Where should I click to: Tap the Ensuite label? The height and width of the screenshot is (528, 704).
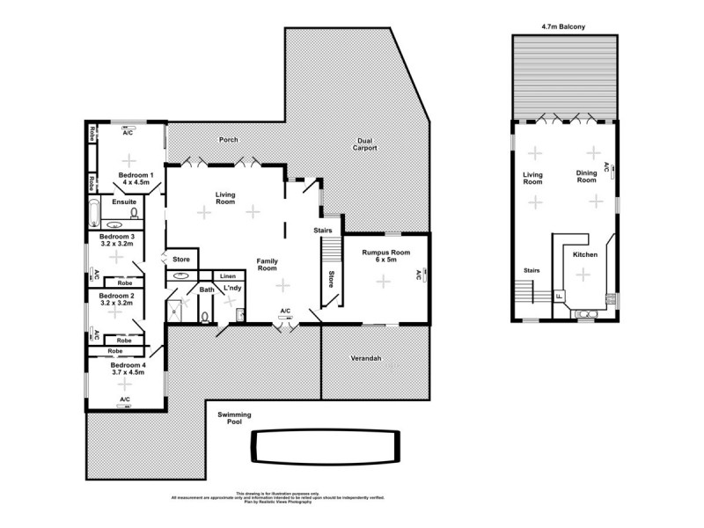tap(124, 202)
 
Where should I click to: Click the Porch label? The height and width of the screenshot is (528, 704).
tap(228, 140)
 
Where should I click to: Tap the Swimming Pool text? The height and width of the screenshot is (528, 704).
tap(235, 418)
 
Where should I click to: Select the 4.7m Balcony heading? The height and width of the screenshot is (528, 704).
tap(564, 27)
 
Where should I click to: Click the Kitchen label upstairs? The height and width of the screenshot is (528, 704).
tap(585, 254)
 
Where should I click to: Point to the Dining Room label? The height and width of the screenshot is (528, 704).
tap(586, 178)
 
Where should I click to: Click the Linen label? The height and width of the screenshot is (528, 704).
tap(228, 276)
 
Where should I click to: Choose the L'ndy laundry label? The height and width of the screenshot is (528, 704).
tap(232, 289)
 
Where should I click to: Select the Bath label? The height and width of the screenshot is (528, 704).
tap(206, 290)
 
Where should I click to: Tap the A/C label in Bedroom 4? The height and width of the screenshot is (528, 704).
tap(124, 400)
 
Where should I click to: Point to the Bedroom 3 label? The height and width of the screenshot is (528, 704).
tap(116, 240)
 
